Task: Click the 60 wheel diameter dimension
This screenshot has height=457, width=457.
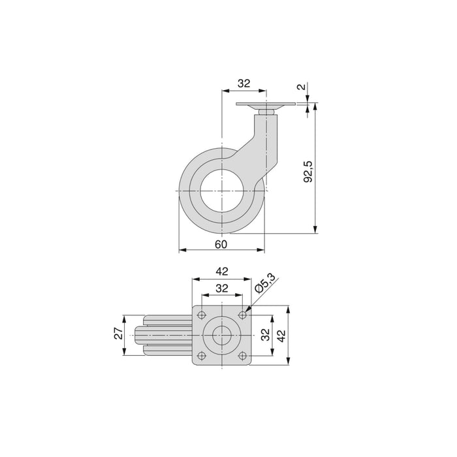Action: [x=221, y=244]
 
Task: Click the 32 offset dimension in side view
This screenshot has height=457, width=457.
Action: [x=243, y=84]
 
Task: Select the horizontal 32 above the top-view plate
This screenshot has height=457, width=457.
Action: [x=221, y=289]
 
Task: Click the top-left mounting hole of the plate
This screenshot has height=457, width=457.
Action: [x=202, y=315]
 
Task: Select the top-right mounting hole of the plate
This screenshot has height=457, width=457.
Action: [x=242, y=315]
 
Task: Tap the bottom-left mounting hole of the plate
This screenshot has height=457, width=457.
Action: [x=202, y=355]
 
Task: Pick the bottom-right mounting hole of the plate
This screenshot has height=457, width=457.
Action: [x=242, y=355]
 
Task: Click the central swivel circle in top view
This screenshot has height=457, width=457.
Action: [x=222, y=335]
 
